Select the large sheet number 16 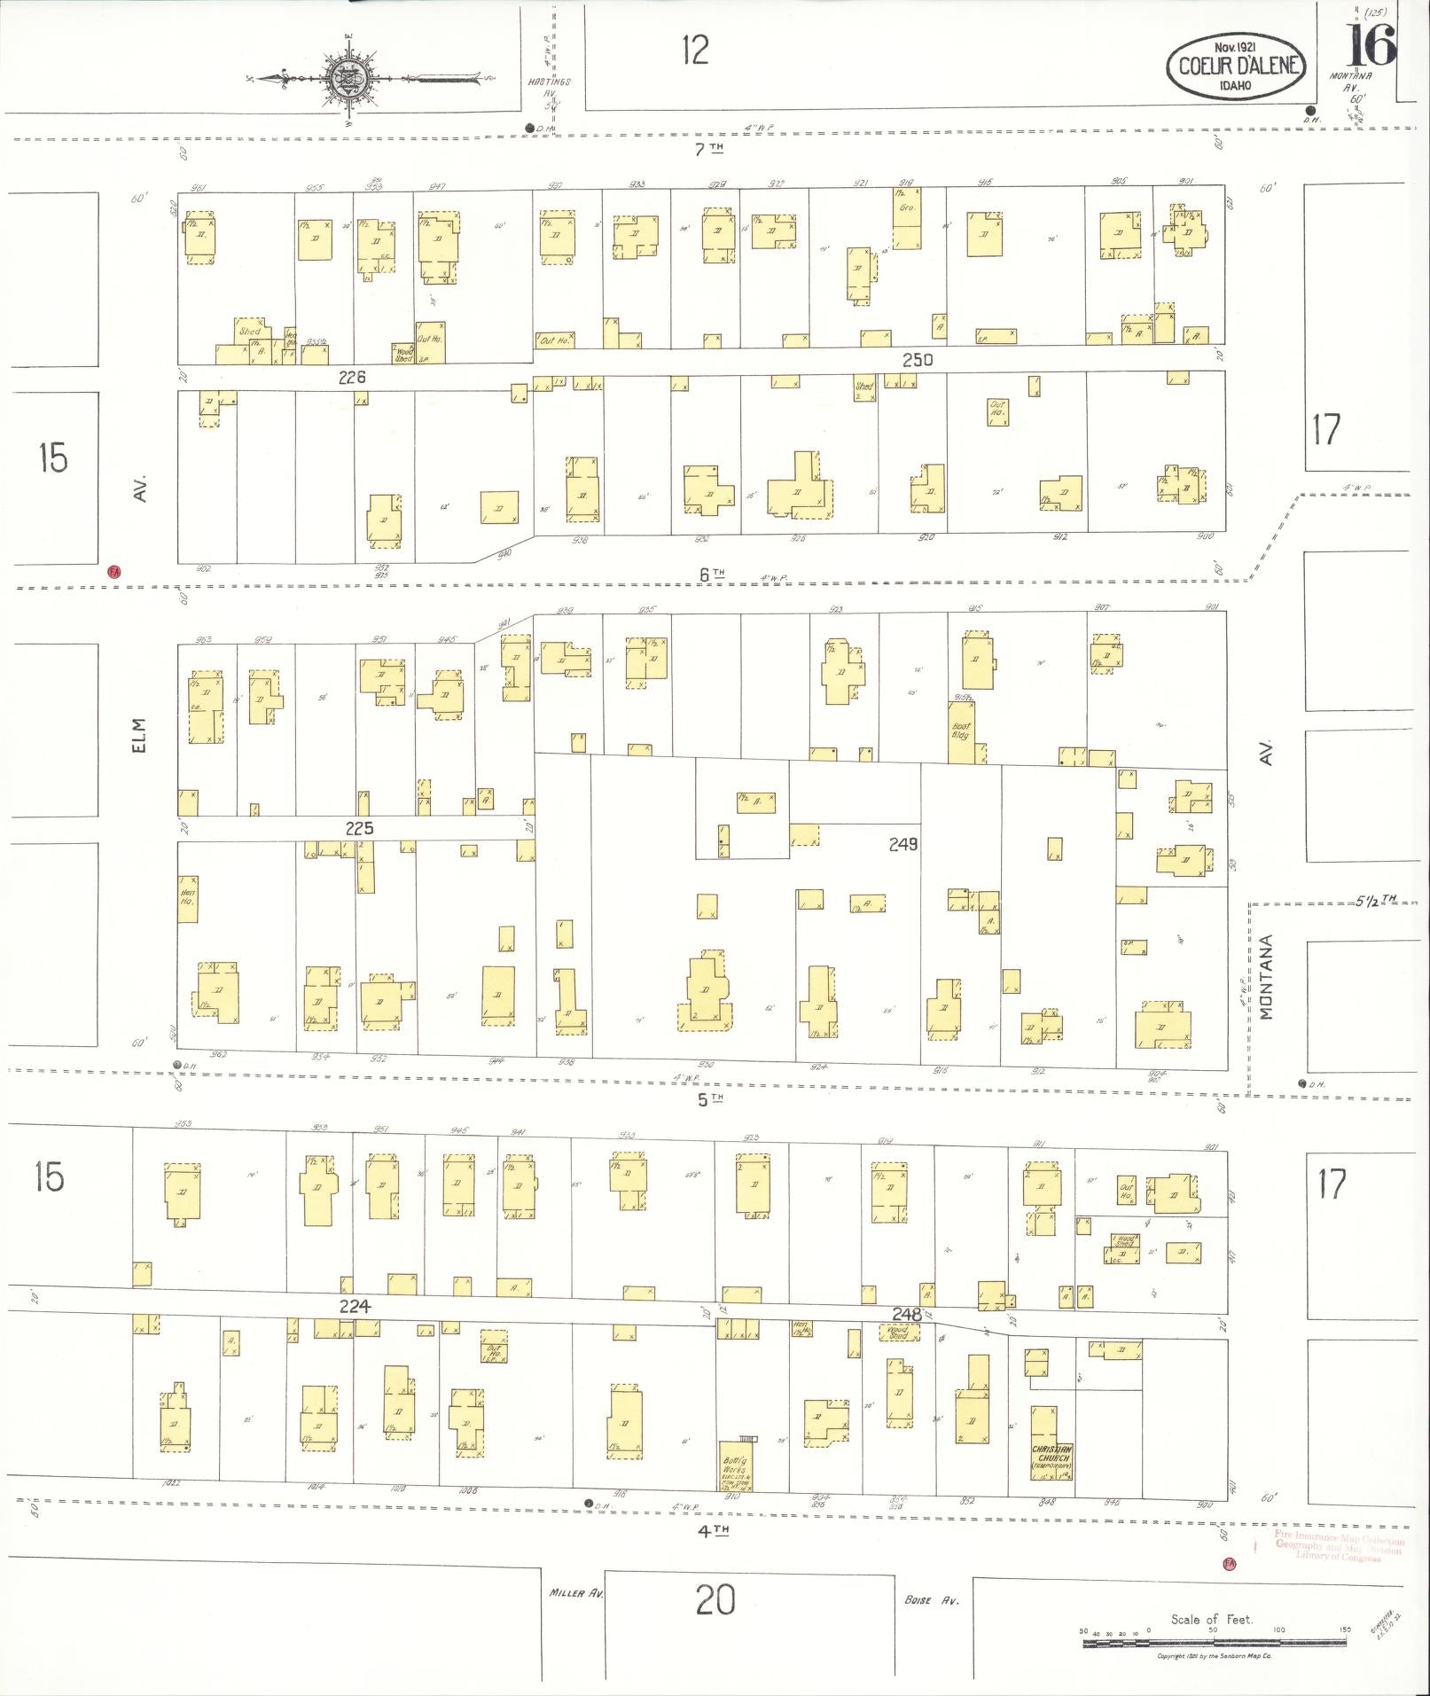pyautogui.click(x=1370, y=45)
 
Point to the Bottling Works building pyautogui.click(x=735, y=1466)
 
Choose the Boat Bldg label pyautogui.click(x=960, y=731)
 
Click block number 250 pyautogui.click(x=918, y=360)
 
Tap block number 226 pyautogui.click(x=352, y=378)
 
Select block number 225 pyautogui.click(x=359, y=829)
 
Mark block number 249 pyautogui.click(x=903, y=845)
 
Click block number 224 pyautogui.click(x=354, y=1306)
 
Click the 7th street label pyautogui.click(x=708, y=150)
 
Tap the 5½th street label pyautogui.click(x=1375, y=899)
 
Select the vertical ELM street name pyautogui.click(x=138, y=735)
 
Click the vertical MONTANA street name pyautogui.click(x=1265, y=977)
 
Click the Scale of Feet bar pyautogui.click(x=1213, y=1644)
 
